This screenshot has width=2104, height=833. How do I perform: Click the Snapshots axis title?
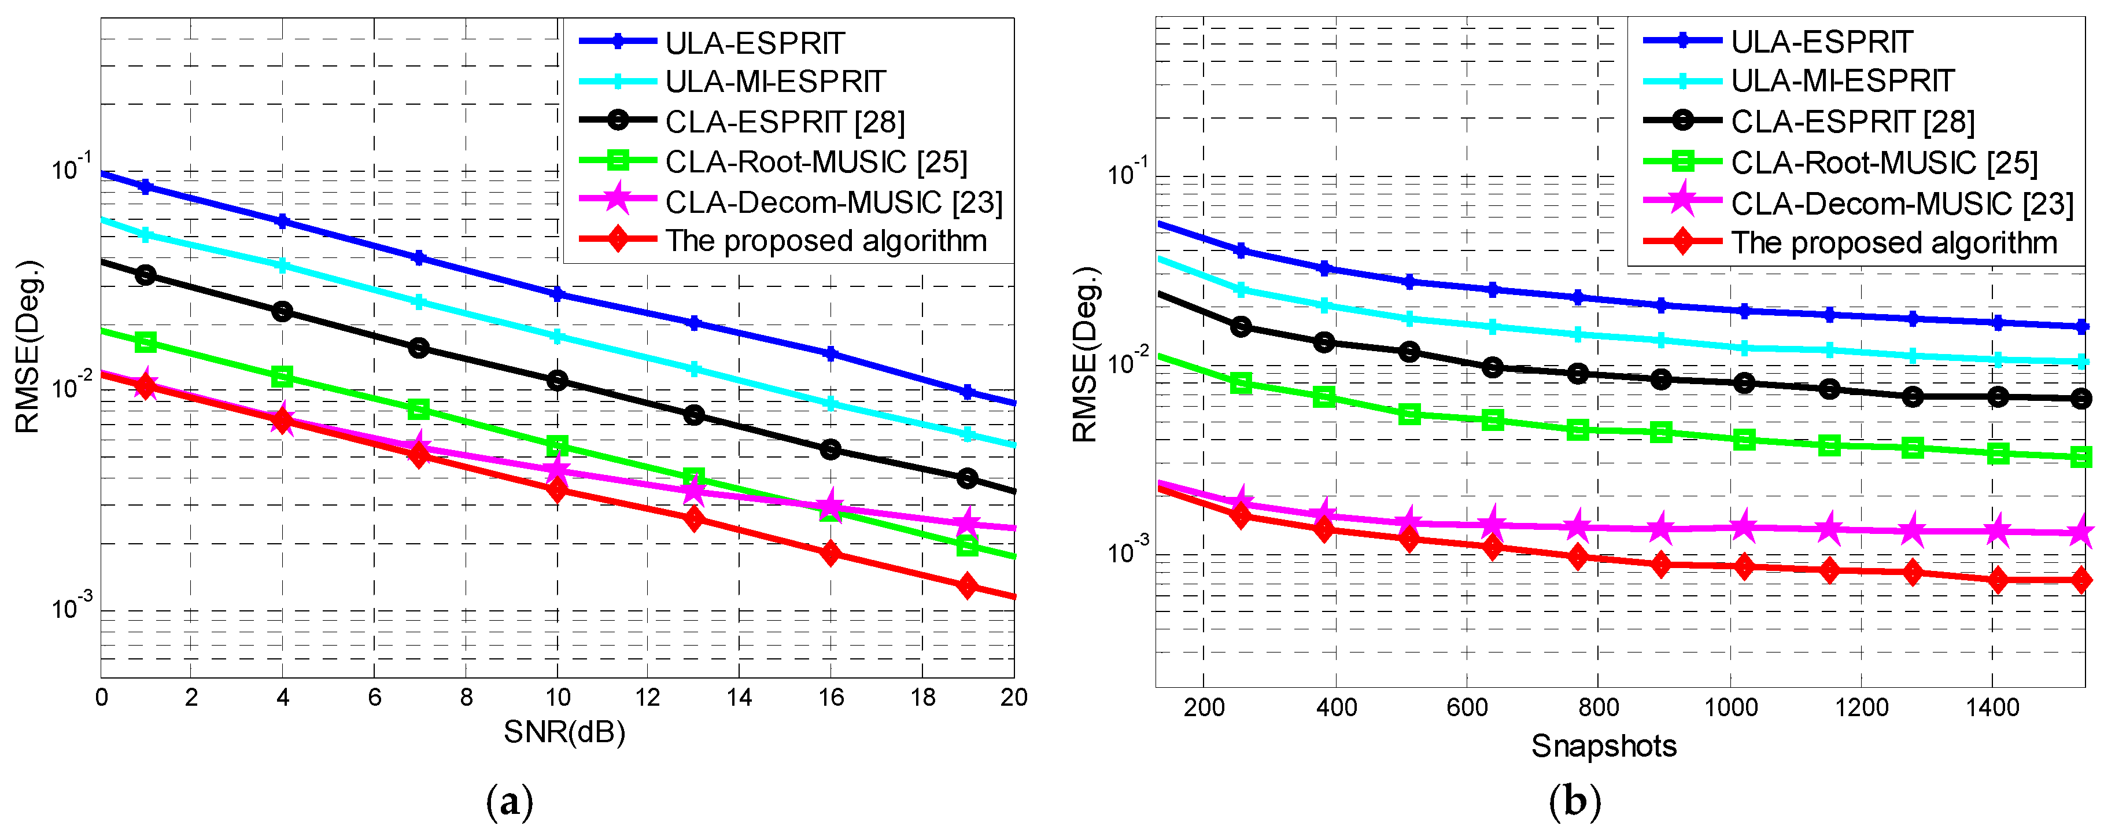1603,746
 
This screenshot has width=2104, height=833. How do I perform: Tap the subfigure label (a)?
510,803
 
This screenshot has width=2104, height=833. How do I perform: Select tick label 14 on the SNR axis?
739,698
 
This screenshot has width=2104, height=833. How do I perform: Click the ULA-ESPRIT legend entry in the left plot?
754,42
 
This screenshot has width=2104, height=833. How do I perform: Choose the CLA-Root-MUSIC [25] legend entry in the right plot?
1884,163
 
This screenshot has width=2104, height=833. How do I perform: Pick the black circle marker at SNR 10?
557,379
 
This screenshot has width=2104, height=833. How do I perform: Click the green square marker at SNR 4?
282,377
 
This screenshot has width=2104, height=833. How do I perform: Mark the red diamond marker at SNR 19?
967,585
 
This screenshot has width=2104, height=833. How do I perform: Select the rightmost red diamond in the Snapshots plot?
2082,580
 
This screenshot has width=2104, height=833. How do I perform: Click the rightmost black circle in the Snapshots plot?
2082,399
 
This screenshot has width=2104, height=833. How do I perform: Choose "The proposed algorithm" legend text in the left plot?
826,241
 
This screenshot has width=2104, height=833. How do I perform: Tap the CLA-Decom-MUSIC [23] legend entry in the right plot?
1902,204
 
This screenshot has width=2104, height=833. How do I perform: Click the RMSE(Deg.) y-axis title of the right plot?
1086,355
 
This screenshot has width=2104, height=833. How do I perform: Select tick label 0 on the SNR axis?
101,698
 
